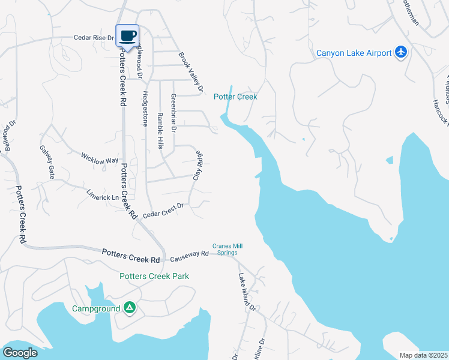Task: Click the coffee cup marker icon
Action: click(127, 35)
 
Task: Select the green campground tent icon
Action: click(129, 308)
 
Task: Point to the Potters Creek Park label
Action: click(154, 276)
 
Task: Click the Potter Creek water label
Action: click(235, 97)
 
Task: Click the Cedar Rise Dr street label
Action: click(94, 38)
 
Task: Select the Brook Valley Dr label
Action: click(191, 73)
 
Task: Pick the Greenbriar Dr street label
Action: click(173, 113)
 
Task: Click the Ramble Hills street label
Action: click(160, 131)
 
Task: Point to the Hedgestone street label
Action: click(145, 109)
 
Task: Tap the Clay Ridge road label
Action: click(197, 166)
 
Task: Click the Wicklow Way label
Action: click(100, 160)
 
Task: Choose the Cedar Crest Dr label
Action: click(163, 210)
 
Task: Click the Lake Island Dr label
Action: click(247, 292)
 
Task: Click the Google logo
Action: click(20, 353)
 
